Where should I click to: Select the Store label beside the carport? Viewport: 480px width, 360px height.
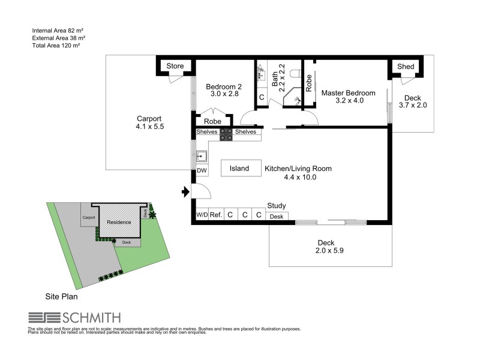coord(175,66)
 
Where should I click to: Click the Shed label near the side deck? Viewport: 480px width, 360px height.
coord(403,66)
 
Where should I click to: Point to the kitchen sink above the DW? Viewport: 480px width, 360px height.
coord(202,157)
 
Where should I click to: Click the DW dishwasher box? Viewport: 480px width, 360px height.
coord(202,171)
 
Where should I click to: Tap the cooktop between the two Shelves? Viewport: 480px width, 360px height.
coord(226,135)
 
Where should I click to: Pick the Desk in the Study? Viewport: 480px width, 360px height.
coord(276,217)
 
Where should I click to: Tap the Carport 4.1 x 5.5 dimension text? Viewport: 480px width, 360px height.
coord(149,127)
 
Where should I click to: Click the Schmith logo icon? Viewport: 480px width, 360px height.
coord(41,317)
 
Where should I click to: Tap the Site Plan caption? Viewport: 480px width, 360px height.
coord(61,296)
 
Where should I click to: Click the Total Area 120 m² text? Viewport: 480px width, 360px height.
coord(56,45)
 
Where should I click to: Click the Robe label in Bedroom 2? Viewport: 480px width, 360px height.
coord(212,121)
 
